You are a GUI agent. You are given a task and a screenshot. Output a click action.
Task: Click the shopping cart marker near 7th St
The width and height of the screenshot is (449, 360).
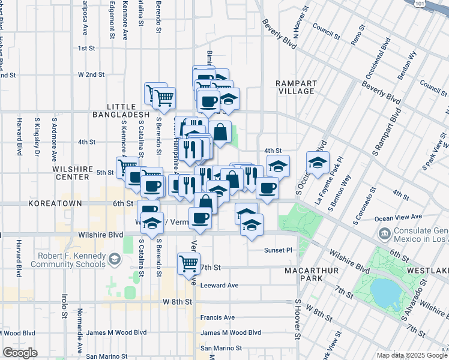pos(188,262)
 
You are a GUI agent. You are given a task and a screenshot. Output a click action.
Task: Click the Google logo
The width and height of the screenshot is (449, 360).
pos(20,353)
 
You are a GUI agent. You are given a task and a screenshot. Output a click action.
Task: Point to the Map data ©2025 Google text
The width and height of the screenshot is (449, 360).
pos(411,355)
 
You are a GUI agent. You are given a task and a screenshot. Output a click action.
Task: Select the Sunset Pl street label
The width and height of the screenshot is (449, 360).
pos(278,250)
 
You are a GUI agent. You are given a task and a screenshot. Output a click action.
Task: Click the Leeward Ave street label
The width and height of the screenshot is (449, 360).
pos(220,286)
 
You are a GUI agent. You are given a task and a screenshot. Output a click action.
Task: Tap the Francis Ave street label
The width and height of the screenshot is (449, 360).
pos(217,317)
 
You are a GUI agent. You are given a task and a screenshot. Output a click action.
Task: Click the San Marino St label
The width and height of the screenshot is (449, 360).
pos(221,348)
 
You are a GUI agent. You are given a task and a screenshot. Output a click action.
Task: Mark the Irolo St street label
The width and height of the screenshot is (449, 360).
pos(64,305)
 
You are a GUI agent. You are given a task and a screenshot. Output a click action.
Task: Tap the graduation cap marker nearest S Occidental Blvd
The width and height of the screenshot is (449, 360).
pos(318,162)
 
